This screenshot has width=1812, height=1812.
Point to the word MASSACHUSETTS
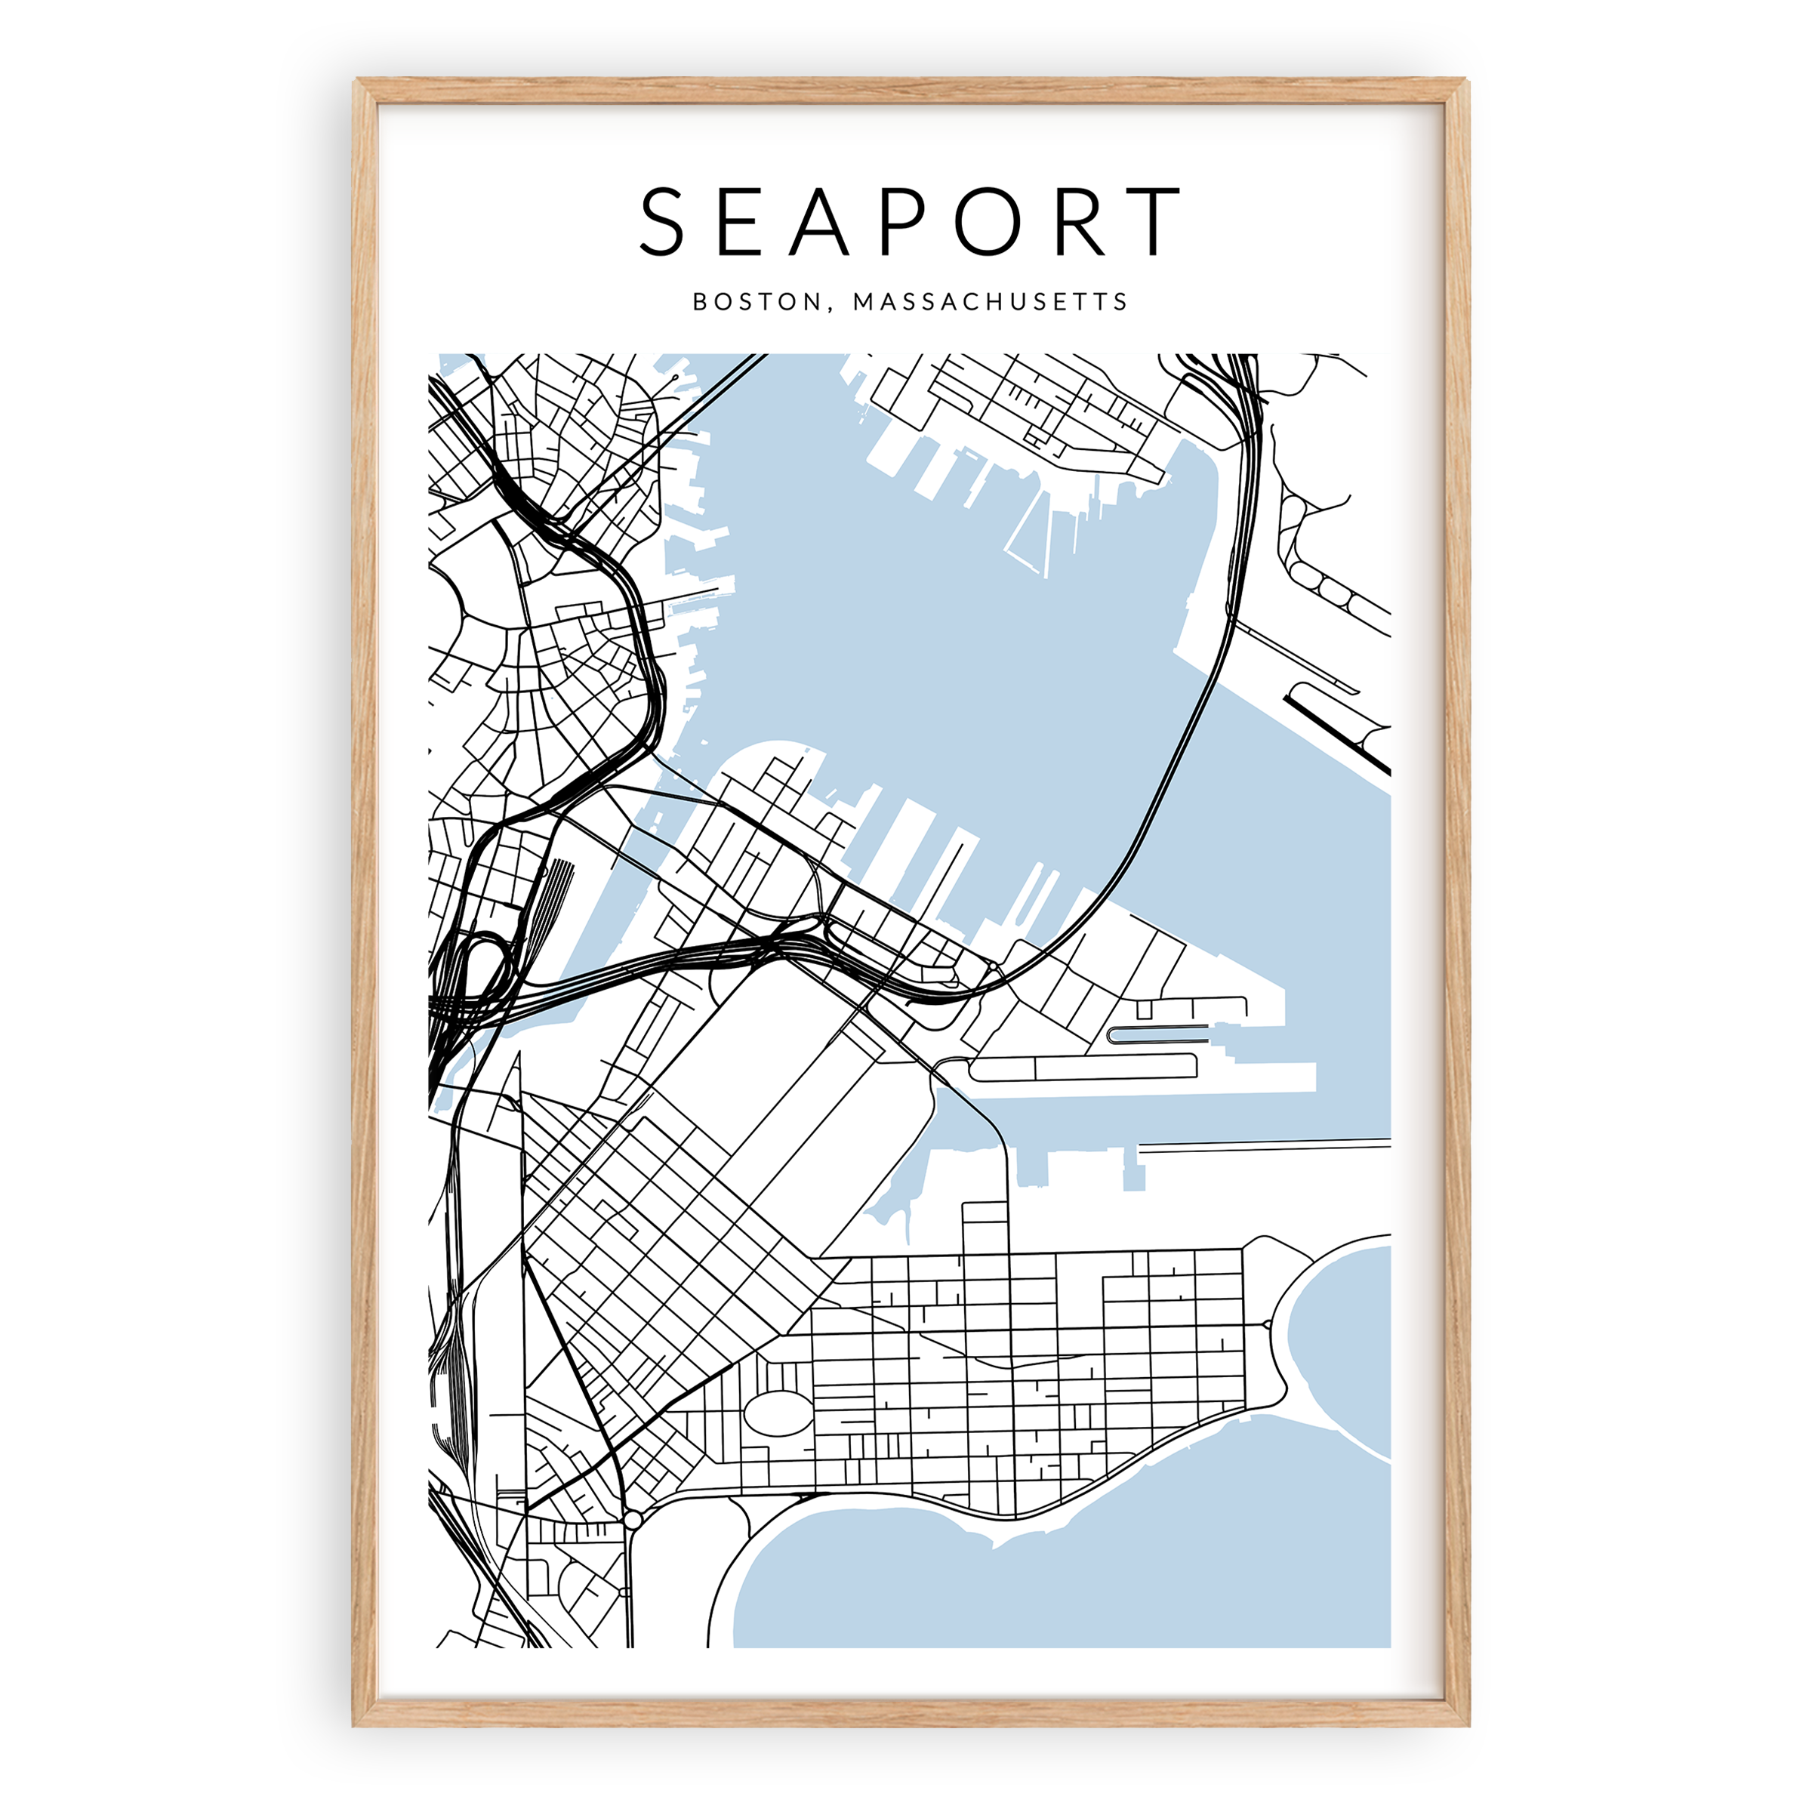tap(991, 302)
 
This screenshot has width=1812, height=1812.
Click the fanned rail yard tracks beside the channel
tap(559, 886)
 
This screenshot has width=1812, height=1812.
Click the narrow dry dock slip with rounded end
tap(1157, 1034)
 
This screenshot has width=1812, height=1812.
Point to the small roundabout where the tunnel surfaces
tap(992, 966)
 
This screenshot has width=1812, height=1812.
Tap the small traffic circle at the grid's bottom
tap(633, 1519)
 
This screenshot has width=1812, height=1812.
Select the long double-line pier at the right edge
tap(1266, 1145)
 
